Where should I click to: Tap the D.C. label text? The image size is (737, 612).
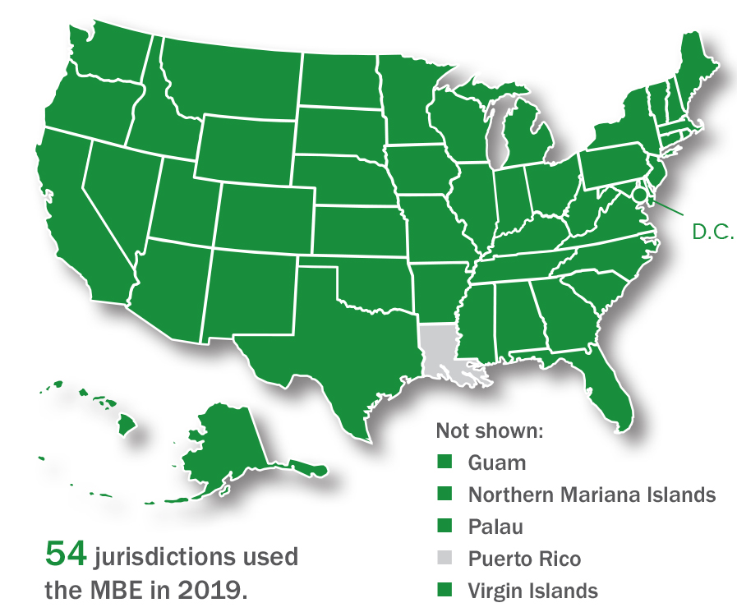pos(712,232)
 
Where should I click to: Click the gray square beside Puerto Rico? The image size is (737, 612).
pos(445,559)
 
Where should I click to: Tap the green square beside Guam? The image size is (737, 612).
pos(445,462)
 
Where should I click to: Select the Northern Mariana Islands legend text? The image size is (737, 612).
pos(592,495)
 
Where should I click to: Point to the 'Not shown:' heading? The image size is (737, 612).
pos(490,430)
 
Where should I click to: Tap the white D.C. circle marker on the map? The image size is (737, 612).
pos(641,195)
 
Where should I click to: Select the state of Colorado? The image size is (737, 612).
pos(264,217)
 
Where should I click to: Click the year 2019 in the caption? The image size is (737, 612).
pos(209,590)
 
